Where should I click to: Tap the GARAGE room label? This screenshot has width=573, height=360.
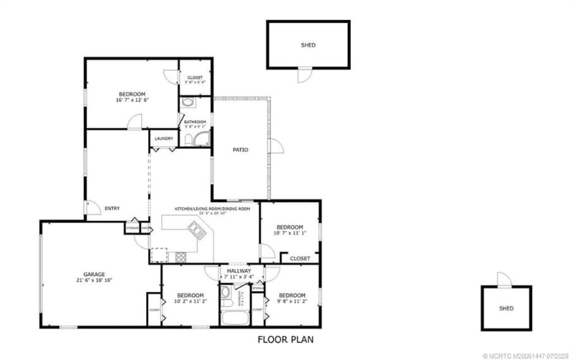(94, 274)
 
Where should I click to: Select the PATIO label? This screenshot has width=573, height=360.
(240, 150)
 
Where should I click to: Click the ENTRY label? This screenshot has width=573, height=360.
(112, 208)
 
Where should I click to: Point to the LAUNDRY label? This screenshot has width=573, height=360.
(163, 139)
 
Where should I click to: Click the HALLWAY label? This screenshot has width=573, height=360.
(239, 271)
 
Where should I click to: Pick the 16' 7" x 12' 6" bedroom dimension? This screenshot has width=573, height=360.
(132, 101)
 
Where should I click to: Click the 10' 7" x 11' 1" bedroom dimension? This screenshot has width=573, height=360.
(290, 233)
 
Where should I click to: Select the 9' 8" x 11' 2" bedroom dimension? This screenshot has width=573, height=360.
(292, 302)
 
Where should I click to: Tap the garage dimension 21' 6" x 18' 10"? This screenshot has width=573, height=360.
(94, 281)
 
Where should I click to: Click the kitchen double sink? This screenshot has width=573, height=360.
(196, 229)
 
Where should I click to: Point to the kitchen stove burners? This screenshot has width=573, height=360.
(180, 256)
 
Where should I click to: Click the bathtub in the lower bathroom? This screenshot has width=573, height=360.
(234, 318)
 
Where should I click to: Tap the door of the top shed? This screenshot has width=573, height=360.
(306, 74)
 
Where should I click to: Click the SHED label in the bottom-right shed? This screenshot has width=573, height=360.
(506, 309)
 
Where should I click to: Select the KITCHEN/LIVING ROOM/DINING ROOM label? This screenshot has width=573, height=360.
(213, 208)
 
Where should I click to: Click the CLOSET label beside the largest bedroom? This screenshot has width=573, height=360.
(195, 77)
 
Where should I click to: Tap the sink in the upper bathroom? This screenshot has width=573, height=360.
(188, 103)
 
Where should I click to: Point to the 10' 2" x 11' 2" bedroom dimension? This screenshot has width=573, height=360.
(191, 302)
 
